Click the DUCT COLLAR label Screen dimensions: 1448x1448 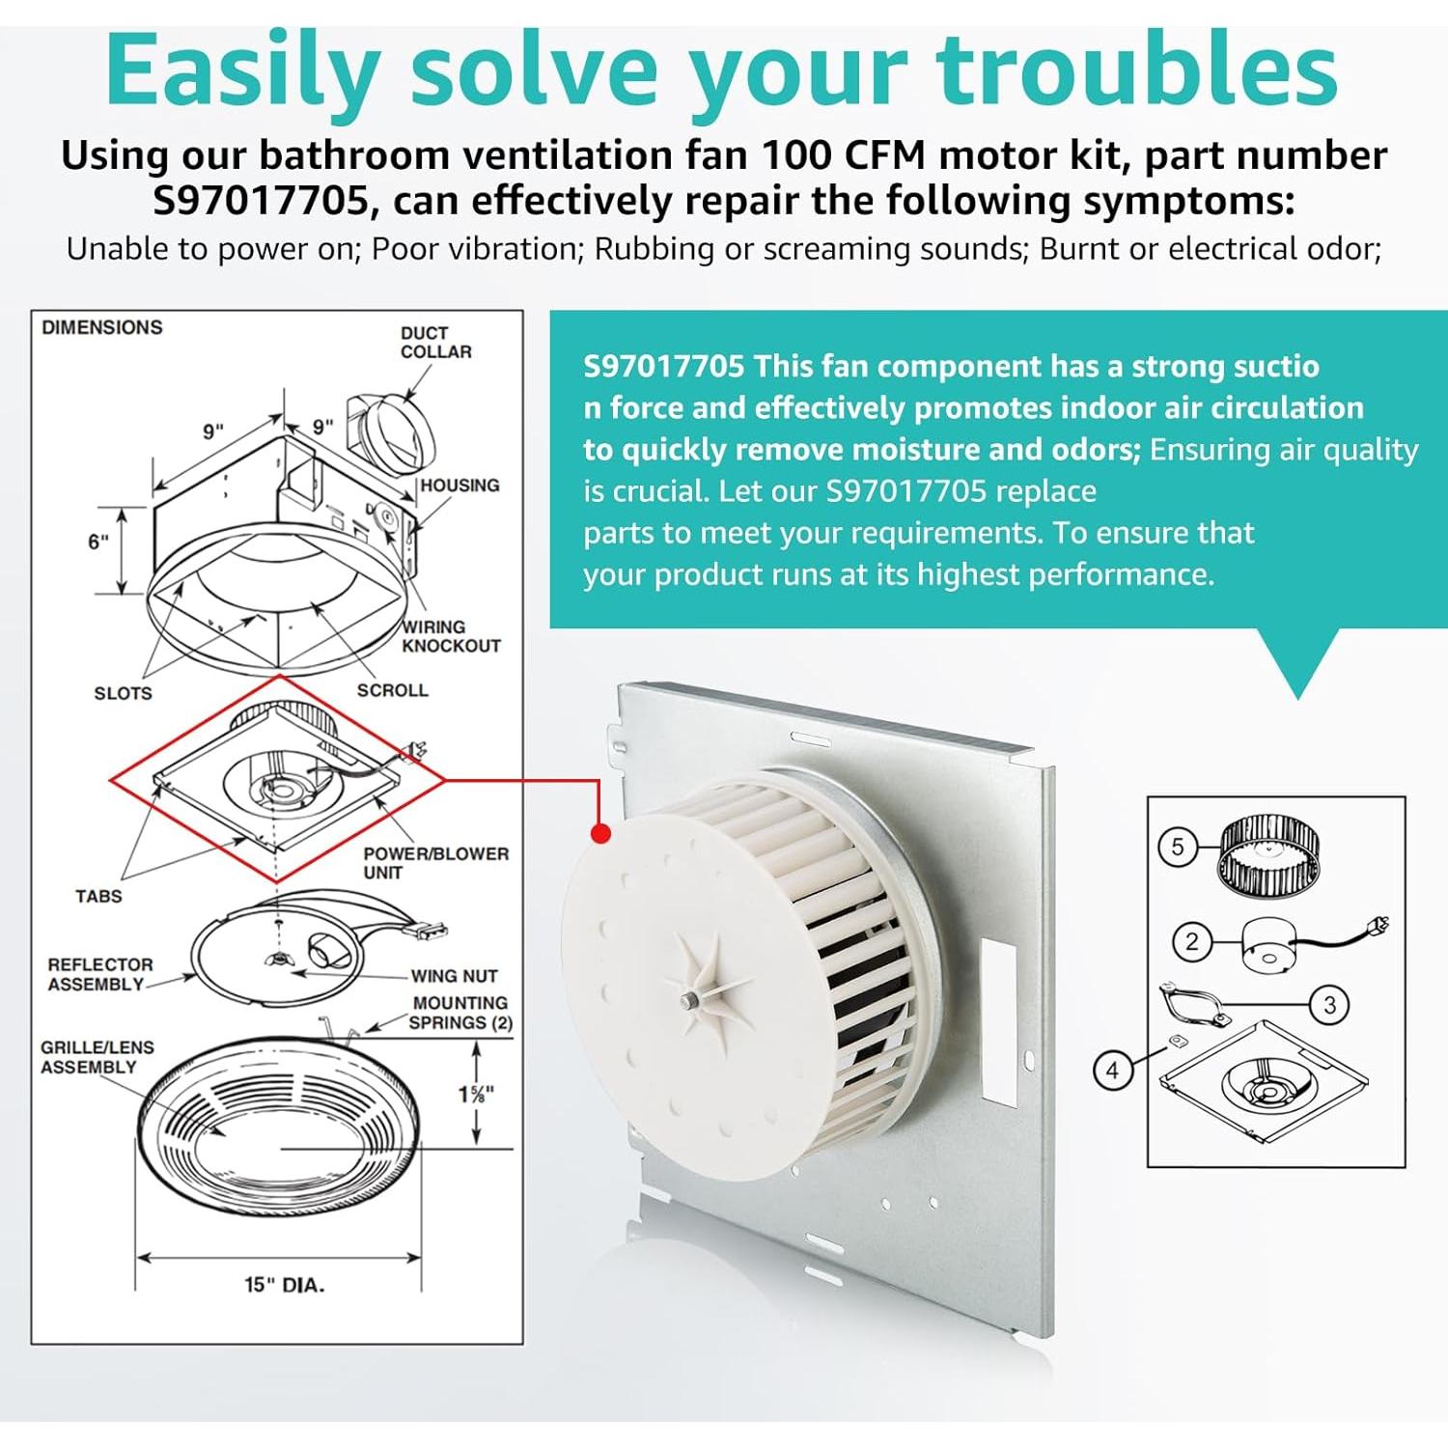click(x=436, y=343)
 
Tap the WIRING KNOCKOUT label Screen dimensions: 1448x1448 click(x=451, y=636)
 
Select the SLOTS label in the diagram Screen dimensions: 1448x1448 click(x=123, y=693)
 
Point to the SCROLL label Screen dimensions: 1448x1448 click(x=392, y=690)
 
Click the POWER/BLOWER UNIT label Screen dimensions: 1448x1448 click(x=435, y=863)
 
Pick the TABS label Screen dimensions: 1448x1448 click(x=98, y=896)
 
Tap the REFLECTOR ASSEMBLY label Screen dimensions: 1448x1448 click(x=99, y=974)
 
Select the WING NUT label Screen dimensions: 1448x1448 click(x=454, y=976)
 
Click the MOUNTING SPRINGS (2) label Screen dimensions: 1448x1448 click(x=460, y=1013)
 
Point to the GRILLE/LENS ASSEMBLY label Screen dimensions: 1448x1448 click(x=97, y=1057)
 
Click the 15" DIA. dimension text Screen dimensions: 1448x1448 click(x=284, y=1285)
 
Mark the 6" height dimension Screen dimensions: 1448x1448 click(x=98, y=542)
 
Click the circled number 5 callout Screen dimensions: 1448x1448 click(x=1177, y=848)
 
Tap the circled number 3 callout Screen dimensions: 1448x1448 click(x=1329, y=1005)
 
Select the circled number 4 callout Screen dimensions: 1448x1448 click(x=1112, y=1070)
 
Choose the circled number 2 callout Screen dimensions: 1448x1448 click(x=1191, y=941)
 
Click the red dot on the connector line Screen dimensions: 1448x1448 click(x=600, y=833)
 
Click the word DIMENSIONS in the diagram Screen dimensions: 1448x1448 click(x=101, y=327)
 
